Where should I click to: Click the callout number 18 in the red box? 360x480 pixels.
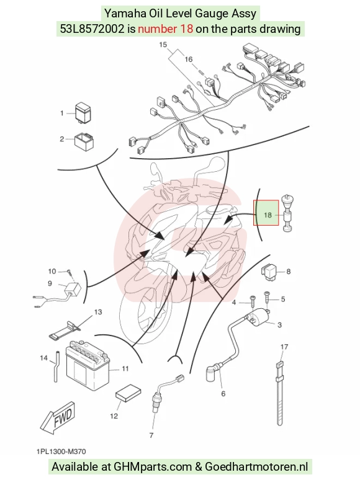(268, 215)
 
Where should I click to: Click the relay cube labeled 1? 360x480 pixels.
(84, 112)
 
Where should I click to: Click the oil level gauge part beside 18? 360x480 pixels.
(287, 214)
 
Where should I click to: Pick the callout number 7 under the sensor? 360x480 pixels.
(151, 435)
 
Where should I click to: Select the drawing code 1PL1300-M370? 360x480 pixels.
(61, 451)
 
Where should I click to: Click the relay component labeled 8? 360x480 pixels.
(269, 270)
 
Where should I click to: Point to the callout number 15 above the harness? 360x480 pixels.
(163, 45)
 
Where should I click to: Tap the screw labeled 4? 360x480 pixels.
(253, 303)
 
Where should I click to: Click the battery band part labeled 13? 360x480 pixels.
(65, 330)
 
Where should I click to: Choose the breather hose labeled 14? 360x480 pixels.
(55, 366)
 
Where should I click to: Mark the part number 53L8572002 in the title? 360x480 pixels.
(92, 29)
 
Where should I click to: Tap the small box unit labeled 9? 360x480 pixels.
(72, 290)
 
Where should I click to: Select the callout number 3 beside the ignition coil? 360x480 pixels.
(279, 325)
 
